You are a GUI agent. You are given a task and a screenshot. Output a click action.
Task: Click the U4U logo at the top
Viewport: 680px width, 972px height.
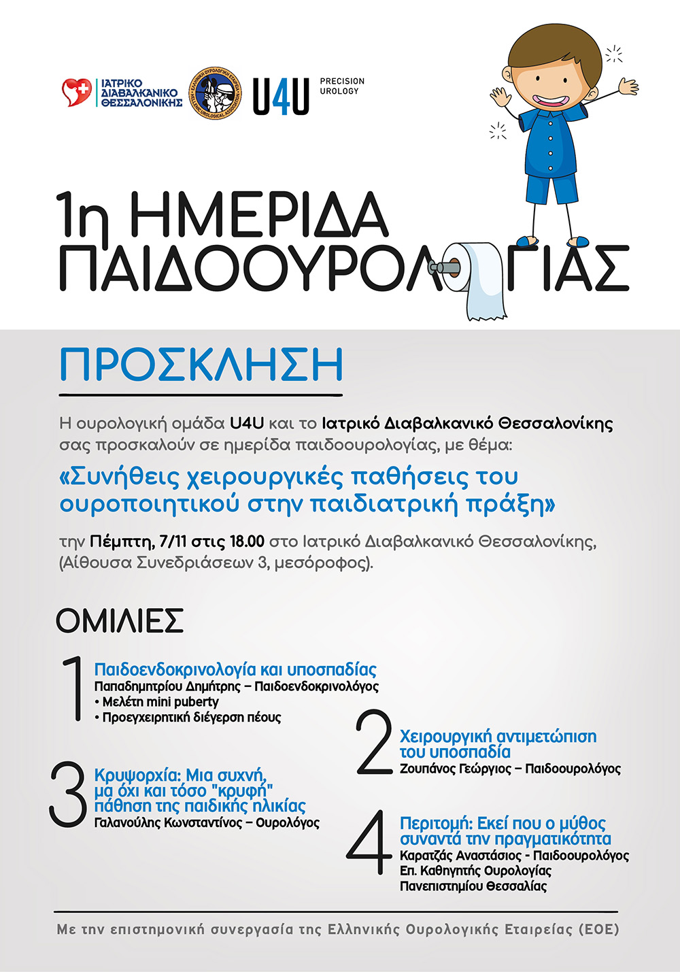coord(281,96)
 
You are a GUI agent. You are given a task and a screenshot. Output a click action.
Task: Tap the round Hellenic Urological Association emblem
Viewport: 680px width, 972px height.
coord(214,92)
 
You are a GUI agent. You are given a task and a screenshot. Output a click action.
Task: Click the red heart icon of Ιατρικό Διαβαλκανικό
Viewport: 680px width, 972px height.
coord(76,92)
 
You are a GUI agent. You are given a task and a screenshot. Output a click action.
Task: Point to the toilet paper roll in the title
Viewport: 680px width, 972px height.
coord(481,280)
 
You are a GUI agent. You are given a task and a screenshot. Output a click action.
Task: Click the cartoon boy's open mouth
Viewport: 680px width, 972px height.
coord(551,100)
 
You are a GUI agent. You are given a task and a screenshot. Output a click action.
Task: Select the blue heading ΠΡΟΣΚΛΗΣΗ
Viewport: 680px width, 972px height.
coord(201,366)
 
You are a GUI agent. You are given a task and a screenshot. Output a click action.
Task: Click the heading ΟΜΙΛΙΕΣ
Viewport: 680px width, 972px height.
coord(120,620)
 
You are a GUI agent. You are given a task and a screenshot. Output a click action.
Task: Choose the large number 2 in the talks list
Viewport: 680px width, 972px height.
coord(375,742)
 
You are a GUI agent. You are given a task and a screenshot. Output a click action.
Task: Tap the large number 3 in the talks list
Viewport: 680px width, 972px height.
coord(68,794)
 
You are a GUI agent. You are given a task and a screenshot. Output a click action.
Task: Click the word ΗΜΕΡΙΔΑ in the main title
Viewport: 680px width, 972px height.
coord(258,216)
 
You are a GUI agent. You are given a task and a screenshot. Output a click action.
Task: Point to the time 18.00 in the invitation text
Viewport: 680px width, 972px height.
coord(247,542)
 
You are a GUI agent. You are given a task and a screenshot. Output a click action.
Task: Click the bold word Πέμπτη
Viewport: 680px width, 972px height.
coord(121,542)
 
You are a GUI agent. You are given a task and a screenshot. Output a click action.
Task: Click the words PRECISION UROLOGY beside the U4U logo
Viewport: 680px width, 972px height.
coord(342,86)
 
